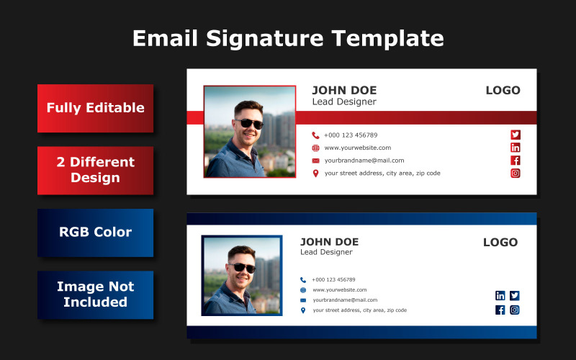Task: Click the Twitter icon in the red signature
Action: click(x=516, y=135)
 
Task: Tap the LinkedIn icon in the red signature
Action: click(x=516, y=148)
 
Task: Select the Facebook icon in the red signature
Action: click(x=516, y=160)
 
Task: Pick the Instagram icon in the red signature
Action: click(x=516, y=173)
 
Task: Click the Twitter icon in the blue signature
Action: click(x=515, y=295)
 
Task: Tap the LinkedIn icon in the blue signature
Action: click(x=500, y=295)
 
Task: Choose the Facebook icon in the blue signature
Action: click(x=500, y=310)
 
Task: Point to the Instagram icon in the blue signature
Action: click(x=515, y=310)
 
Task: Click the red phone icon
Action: click(x=315, y=135)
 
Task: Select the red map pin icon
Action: click(x=315, y=173)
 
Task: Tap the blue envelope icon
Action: click(x=303, y=300)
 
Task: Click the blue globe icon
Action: click(x=303, y=290)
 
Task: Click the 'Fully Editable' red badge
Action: click(x=96, y=109)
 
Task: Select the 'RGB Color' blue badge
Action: click(x=96, y=233)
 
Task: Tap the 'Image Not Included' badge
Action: click(x=96, y=295)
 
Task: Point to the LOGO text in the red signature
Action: click(x=503, y=90)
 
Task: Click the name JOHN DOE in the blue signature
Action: click(x=330, y=242)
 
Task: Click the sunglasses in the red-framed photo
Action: click(x=249, y=124)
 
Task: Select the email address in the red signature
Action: click(x=364, y=161)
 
